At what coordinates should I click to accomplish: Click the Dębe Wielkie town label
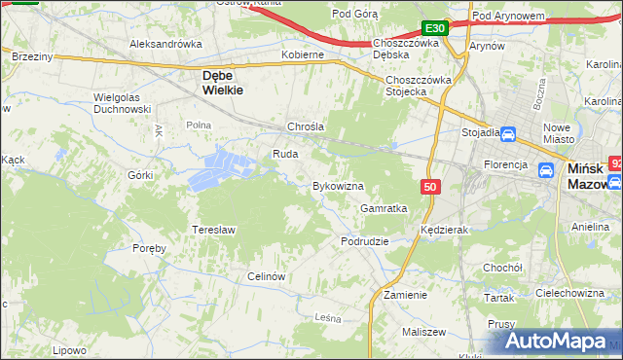(222, 81)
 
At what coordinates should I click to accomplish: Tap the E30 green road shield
(435, 28)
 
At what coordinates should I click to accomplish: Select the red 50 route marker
(431, 185)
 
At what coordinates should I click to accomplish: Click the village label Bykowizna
(338, 185)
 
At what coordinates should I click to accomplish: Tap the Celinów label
(265, 276)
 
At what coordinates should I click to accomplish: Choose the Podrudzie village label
(365, 240)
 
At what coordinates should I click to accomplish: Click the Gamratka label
(384, 208)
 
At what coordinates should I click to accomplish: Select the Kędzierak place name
(446, 230)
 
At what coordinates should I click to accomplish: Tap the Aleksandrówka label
(165, 44)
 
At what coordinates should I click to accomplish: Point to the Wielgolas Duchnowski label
(122, 103)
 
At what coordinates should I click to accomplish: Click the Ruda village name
(284, 154)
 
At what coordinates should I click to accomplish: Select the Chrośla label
(305, 127)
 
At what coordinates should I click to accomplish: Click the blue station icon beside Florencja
(546, 170)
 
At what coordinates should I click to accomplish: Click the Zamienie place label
(406, 294)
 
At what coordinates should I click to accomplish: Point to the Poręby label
(149, 248)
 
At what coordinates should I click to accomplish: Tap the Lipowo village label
(70, 349)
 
